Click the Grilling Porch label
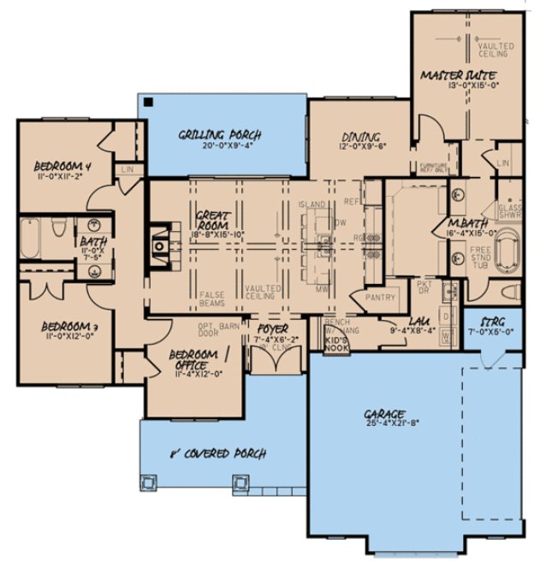(x=219, y=135)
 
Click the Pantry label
(x=379, y=298)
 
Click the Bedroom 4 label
(x=62, y=165)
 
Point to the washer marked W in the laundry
(x=446, y=336)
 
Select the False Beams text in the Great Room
(x=211, y=296)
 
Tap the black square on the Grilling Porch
(x=149, y=102)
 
